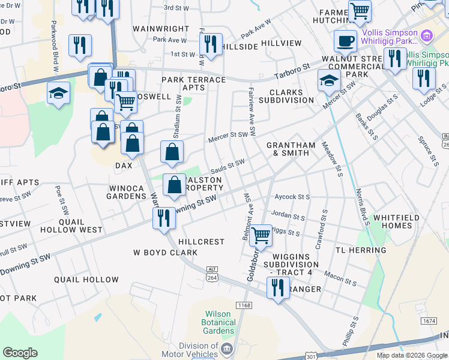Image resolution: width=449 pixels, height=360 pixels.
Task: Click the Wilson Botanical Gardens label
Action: (x=218, y=322)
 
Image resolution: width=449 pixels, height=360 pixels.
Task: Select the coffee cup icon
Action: (x=345, y=41)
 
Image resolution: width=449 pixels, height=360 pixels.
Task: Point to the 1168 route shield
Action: (x=243, y=306)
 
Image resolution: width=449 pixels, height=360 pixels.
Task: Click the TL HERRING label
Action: (x=361, y=250)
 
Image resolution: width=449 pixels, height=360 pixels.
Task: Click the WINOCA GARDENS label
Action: (x=126, y=192)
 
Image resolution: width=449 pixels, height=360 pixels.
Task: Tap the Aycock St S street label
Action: (x=292, y=197)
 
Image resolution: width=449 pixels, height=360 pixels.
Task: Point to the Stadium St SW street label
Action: (x=178, y=110)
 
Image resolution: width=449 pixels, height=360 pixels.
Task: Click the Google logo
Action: (x=20, y=353)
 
